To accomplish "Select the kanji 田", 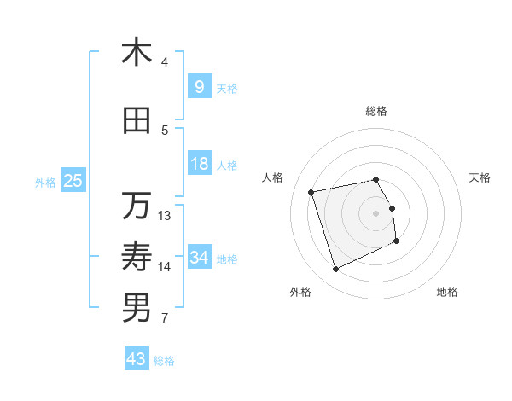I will (x=137, y=121).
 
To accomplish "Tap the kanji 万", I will (x=137, y=206).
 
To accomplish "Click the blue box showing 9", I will (x=199, y=86).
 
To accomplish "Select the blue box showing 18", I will (x=199, y=164).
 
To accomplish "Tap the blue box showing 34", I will (x=199, y=257).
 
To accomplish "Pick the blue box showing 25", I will (x=73, y=180).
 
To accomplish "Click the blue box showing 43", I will (x=136, y=359).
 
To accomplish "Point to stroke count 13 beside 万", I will (x=165, y=215).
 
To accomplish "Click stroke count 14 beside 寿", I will (x=165, y=267).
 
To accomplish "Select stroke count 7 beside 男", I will (x=165, y=318).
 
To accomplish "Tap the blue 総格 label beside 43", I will (x=164, y=361).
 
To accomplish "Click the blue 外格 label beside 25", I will (x=45, y=182).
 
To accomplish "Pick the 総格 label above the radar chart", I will (x=376, y=111).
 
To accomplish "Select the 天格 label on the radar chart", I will (x=480, y=177).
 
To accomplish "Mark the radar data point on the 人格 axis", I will (x=311, y=191).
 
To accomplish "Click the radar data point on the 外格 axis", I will (x=335, y=270).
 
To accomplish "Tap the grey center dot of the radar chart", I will (x=376, y=213).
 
